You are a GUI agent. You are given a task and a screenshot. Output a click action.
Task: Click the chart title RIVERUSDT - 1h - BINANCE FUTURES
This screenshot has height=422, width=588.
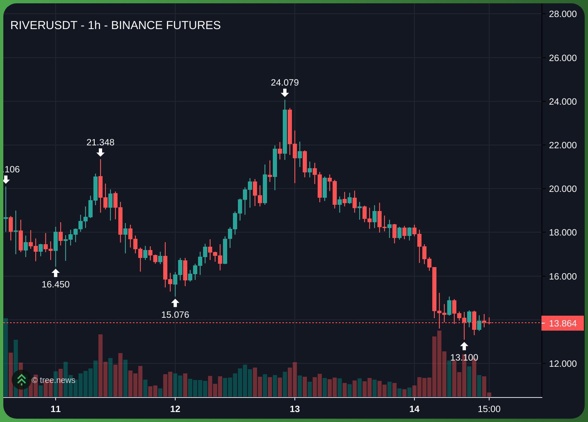tap(115, 25)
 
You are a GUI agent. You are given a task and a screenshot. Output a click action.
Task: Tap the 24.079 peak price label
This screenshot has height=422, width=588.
tap(285, 83)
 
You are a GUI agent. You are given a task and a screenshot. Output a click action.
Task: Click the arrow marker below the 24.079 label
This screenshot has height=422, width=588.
tap(285, 93)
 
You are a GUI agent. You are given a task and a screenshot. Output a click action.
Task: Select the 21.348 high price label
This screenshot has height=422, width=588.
tap(100, 142)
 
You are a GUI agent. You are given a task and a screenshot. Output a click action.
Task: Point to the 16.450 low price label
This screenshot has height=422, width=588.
tap(56, 285)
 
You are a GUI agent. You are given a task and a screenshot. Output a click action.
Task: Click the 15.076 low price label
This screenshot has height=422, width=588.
tap(175, 315)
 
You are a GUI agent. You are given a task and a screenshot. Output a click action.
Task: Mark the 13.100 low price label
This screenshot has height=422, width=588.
tap(464, 358)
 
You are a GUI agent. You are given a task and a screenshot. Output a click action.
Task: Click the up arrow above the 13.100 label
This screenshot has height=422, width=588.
tap(464, 346)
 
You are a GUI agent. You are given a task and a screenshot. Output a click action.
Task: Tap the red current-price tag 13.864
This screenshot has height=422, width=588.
tap(563, 323)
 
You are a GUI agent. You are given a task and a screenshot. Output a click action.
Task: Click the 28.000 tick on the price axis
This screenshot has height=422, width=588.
tap(563, 14)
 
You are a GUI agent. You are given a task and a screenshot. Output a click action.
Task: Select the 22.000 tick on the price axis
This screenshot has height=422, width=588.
tap(563, 145)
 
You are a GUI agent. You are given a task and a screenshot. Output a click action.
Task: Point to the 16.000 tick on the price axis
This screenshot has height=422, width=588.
tap(563, 277)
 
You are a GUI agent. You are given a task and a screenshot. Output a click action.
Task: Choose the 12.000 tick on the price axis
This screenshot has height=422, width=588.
tap(563, 364)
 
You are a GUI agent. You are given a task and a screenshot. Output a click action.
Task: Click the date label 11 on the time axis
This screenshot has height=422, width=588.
tap(56, 409)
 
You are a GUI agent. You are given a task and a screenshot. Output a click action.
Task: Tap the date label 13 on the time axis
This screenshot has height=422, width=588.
tap(295, 409)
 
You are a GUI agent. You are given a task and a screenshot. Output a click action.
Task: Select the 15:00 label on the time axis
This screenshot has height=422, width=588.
tap(489, 409)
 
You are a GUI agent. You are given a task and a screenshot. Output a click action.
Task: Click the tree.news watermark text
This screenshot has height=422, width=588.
tap(54, 380)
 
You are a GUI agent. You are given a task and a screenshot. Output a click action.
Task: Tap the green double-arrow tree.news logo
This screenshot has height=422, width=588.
tap(22, 380)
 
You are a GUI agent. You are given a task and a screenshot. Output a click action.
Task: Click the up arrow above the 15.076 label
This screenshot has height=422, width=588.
tap(175, 303)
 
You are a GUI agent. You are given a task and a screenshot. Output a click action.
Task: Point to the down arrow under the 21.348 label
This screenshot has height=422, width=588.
tap(100, 152)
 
